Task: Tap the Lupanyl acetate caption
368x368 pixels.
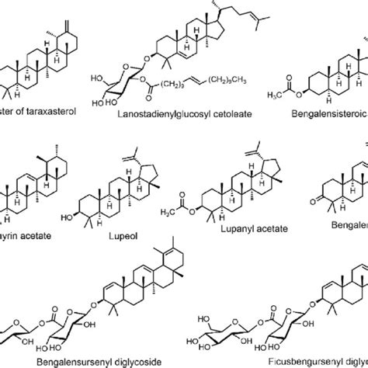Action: pyautogui.click(x=233, y=230)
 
